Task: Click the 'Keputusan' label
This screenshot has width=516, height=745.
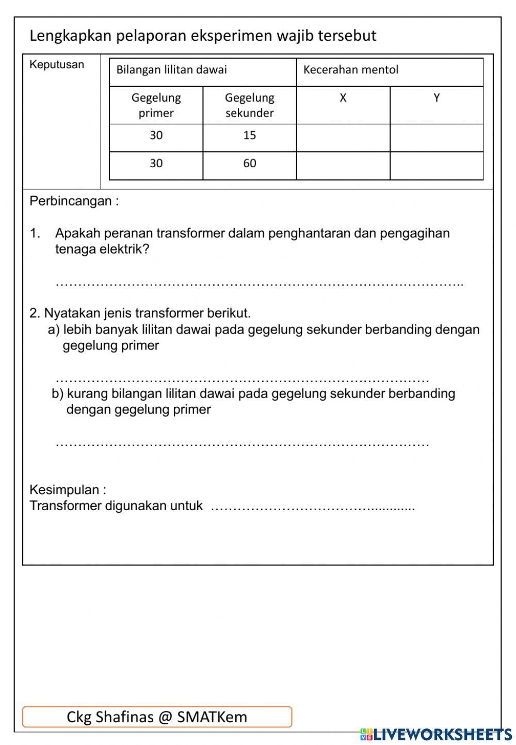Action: click(x=57, y=65)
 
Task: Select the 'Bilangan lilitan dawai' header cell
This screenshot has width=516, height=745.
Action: click(x=171, y=70)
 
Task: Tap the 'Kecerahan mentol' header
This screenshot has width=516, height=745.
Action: click(x=351, y=70)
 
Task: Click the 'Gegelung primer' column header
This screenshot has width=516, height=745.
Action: click(x=156, y=105)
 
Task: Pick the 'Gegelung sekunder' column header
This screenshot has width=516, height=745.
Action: click(x=249, y=105)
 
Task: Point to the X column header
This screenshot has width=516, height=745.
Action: click(x=343, y=98)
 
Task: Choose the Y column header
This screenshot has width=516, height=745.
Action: click(x=437, y=98)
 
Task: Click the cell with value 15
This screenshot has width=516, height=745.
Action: click(x=249, y=136)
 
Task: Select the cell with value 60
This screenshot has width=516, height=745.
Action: click(x=249, y=164)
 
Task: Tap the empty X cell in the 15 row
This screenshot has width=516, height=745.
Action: click(x=343, y=138)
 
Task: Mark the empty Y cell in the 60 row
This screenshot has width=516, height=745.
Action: click(x=437, y=166)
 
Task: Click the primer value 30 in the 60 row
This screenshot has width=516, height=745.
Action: click(x=156, y=164)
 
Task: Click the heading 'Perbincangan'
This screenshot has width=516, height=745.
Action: click(x=74, y=201)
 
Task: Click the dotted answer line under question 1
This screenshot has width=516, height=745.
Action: click(x=258, y=283)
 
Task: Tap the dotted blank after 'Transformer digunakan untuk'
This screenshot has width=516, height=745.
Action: click(x=313, y=508)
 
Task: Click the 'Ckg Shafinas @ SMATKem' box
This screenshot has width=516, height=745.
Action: click(x=157, y=717)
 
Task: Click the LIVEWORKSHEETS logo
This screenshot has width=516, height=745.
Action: click(x=436, y=734)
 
